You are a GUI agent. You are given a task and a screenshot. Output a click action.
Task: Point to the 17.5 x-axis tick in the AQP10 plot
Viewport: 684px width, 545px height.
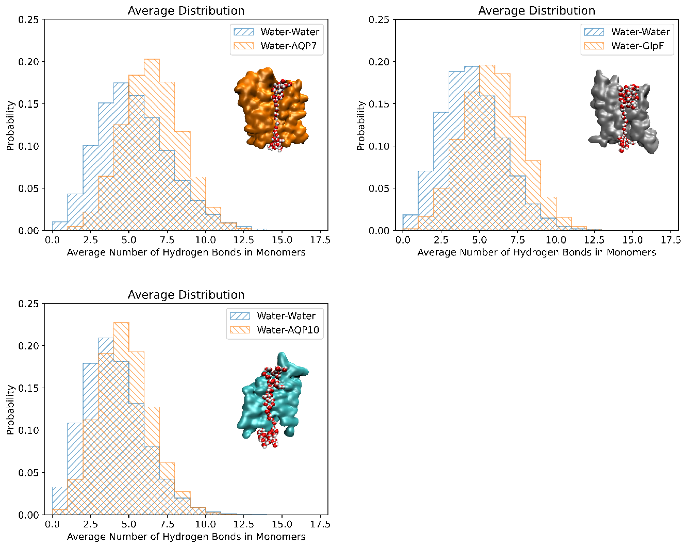pos(320,524)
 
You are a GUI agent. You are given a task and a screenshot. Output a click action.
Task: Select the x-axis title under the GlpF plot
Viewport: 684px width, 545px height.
pos(536,252)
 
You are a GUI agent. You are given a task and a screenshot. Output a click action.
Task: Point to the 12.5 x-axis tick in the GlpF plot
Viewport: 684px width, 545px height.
pos(594,240)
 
